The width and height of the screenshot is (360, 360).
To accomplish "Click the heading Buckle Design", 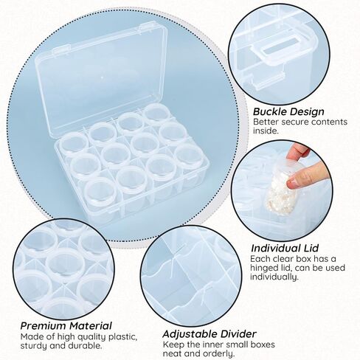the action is pos(288,111).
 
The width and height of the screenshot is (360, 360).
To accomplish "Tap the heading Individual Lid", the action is pos(285,248).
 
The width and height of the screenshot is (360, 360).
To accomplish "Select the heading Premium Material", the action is pos(66,325).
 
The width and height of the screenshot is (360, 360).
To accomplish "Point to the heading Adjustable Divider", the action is pos(210,334).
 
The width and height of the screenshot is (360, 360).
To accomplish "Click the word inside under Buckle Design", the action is pos(266,131).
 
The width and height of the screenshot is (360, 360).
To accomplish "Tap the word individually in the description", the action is pos(274,277).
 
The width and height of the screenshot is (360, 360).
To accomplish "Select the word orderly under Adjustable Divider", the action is pos(218,353).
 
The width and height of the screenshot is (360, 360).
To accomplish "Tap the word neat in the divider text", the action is pos(172,354).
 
